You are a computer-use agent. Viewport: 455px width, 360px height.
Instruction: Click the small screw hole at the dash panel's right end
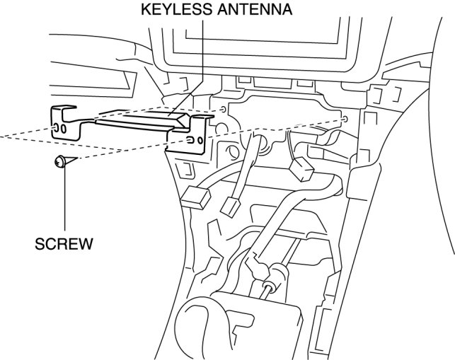coord(345,120)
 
